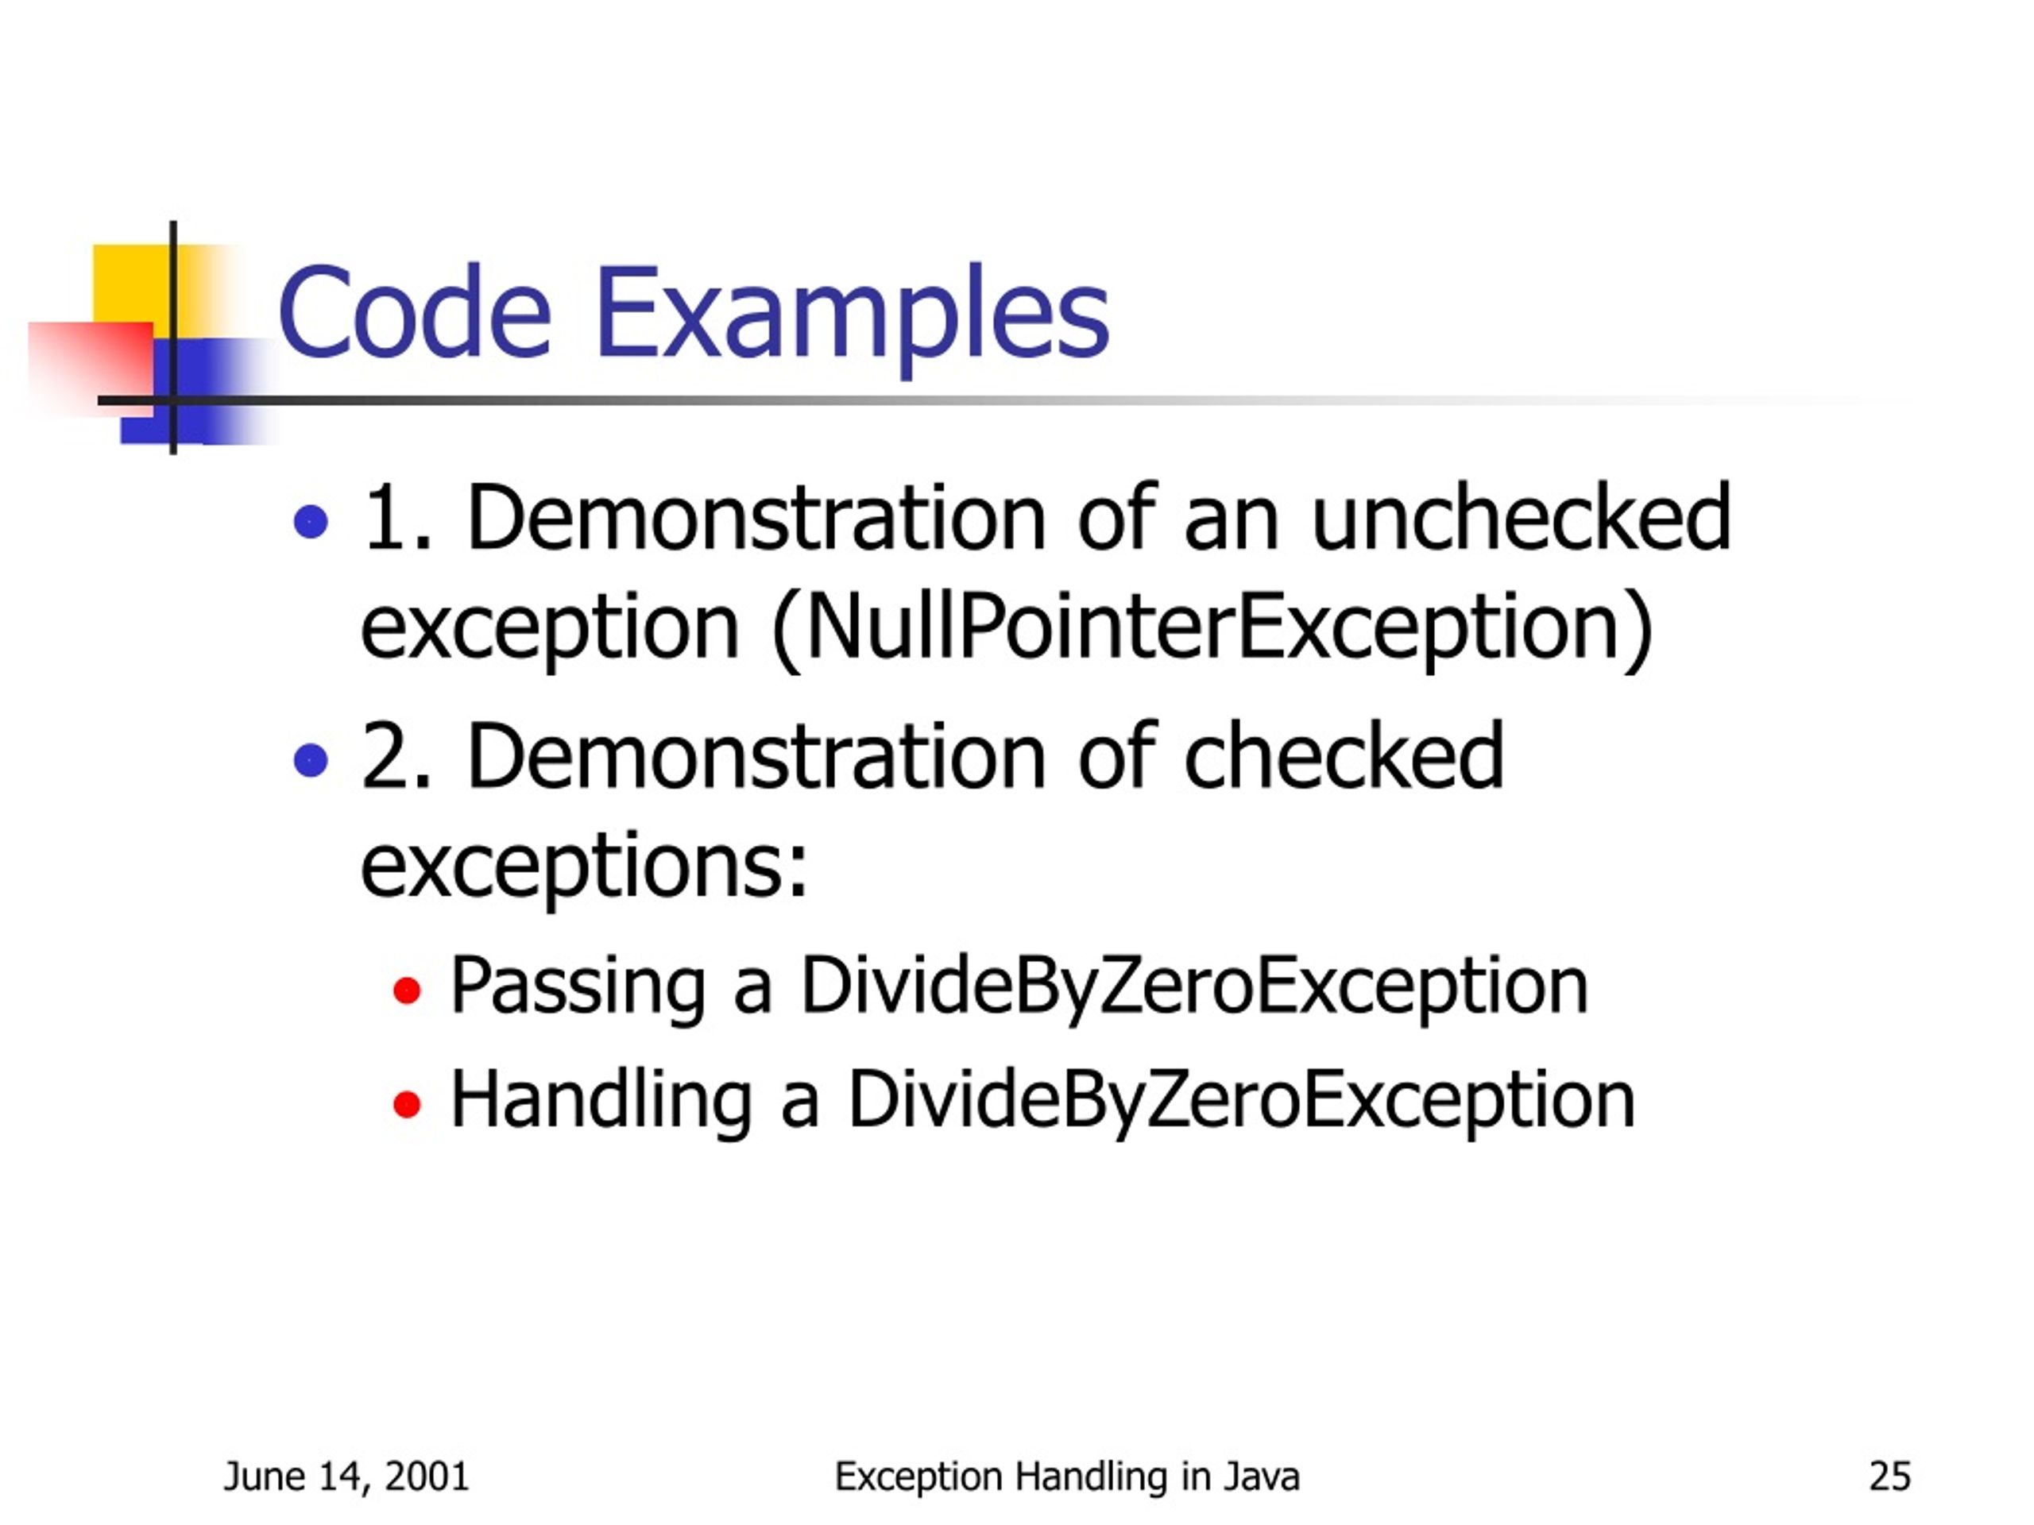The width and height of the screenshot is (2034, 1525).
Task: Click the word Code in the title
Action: click(414, 312)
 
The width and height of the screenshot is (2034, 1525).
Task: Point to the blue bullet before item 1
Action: click(311, 522)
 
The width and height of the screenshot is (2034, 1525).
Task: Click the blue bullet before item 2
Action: click(311, 760)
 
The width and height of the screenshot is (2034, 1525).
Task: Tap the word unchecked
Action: click(1521, 519)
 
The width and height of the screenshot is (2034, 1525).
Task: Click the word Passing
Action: click(578, 986)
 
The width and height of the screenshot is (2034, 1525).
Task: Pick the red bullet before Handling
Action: click(407, 1104)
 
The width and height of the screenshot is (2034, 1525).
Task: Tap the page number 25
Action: click(1890, 1477)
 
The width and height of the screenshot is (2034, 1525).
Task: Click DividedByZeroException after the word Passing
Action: click(1193, 986)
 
